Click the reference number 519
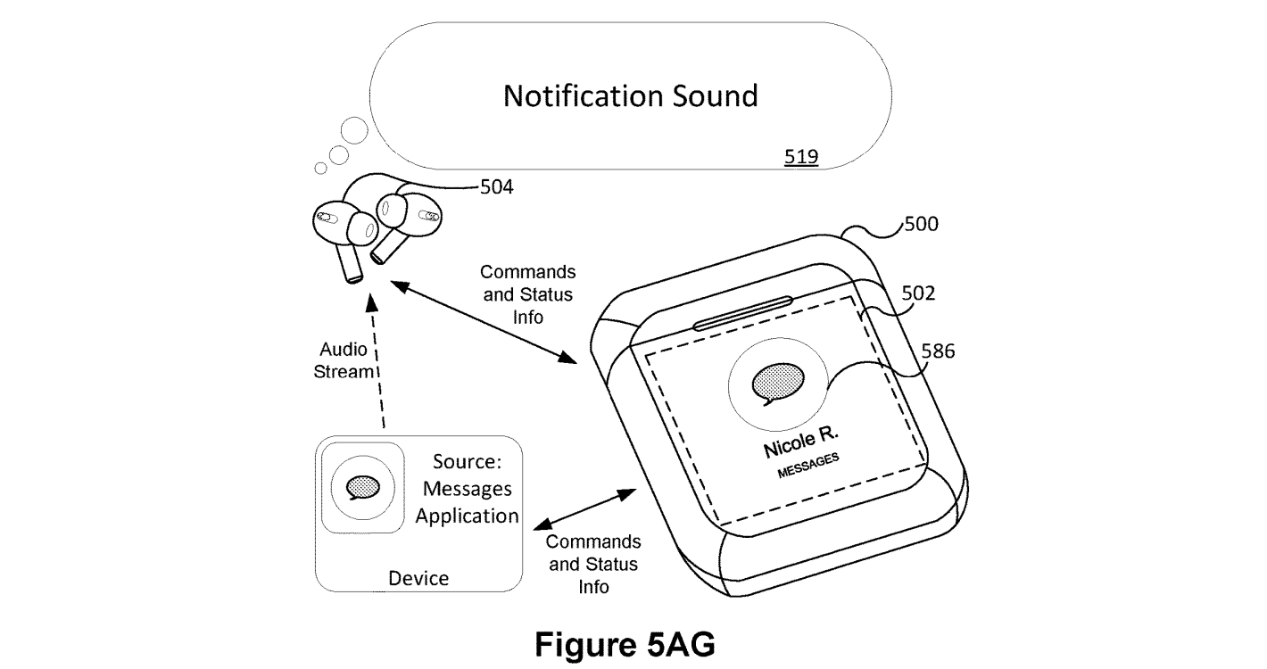801,157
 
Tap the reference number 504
496,187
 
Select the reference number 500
921,224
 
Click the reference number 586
938,351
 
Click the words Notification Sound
630,95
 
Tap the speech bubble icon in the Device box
362,487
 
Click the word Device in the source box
418,579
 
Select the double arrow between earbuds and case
486,322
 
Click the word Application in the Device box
468,516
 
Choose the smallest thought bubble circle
321,168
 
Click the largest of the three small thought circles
354,131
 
